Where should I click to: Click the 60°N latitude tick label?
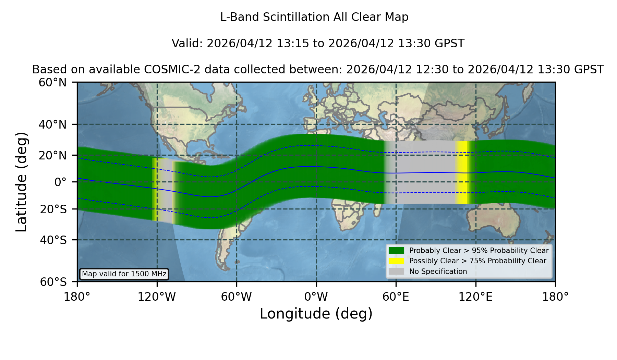[52, 83]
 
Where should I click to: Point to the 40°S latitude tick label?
[53, 240]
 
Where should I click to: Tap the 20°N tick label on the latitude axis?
[52, 156]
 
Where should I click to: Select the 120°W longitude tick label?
[157, 297]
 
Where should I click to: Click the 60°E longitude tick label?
[396, 297]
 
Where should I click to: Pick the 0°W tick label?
[316, 297]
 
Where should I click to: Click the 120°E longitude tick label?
[475, 297]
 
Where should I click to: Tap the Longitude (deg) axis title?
[316, 314]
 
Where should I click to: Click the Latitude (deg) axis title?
[21, 182]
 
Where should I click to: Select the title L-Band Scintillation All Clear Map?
[314, 17]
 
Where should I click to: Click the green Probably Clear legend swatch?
[396, 251]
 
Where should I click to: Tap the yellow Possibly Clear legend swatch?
[396, 261]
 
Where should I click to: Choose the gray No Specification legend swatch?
[396, 272]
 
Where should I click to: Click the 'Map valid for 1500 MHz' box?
[124, 274]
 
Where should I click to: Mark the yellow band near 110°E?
[461, 172]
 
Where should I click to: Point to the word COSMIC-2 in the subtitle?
[167, 70]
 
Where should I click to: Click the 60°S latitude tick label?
[53, 282]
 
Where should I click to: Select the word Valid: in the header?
[187, 44]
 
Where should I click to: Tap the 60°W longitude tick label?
[237, 297]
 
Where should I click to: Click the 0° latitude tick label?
[60, 182]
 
